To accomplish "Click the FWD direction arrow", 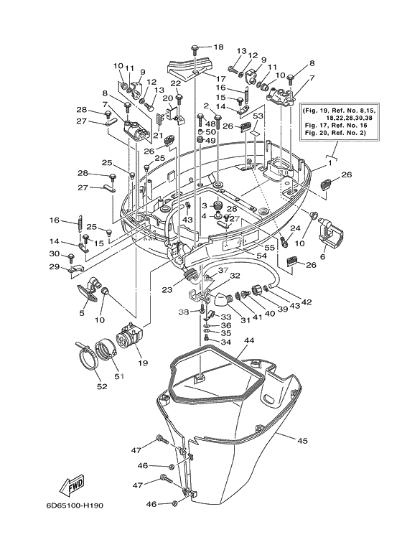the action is click(72, 487).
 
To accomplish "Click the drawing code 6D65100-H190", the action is click(74, 505).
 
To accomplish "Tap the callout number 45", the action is click(302, 441).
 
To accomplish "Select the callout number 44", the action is click(249, 340).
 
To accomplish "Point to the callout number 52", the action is click(102, 386).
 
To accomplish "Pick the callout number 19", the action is click(144, 363).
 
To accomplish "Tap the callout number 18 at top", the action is click(219, 47).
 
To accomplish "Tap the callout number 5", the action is click(82, 313).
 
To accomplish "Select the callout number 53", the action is click(258, 116).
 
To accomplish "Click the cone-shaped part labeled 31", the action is click(220, 299).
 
